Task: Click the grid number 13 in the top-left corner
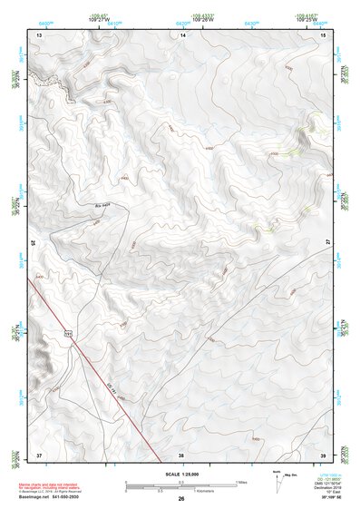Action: coord(39,34)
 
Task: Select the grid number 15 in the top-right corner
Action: coord(323,34)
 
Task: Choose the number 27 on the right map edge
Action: coord(327,243)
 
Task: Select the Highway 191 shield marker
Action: coord(68,336)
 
